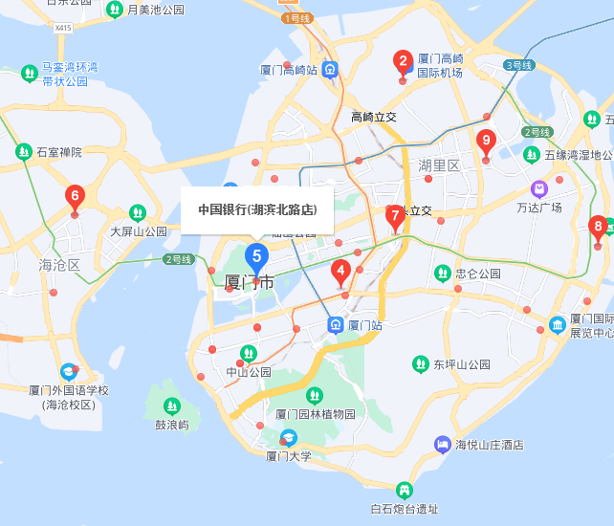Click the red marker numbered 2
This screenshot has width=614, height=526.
coord(403,63)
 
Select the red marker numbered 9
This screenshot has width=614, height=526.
coord(486,142)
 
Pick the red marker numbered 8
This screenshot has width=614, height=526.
coord(599,229)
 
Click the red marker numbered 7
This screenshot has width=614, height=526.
coord(394,216)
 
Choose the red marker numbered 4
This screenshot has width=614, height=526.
coord(340,273)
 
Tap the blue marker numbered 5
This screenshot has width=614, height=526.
coord(256,256)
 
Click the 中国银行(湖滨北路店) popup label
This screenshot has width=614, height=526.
coord(257,209)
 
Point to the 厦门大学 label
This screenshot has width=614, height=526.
coord(289,456)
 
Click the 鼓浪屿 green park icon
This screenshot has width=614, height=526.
coord(172,405)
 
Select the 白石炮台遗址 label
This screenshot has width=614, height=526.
coord(405,509)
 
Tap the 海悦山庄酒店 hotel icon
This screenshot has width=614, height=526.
coord(442,444)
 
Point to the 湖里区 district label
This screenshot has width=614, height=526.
coord(440,165)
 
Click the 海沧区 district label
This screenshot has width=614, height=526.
coord(59,265)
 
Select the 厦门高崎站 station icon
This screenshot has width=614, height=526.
coord(330,69)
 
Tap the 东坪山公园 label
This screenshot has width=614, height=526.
coord(462,364)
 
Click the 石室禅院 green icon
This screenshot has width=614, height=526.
coord(23,151)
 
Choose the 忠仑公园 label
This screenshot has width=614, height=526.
coord(478,274)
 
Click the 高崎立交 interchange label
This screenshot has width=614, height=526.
coord(373,117)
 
